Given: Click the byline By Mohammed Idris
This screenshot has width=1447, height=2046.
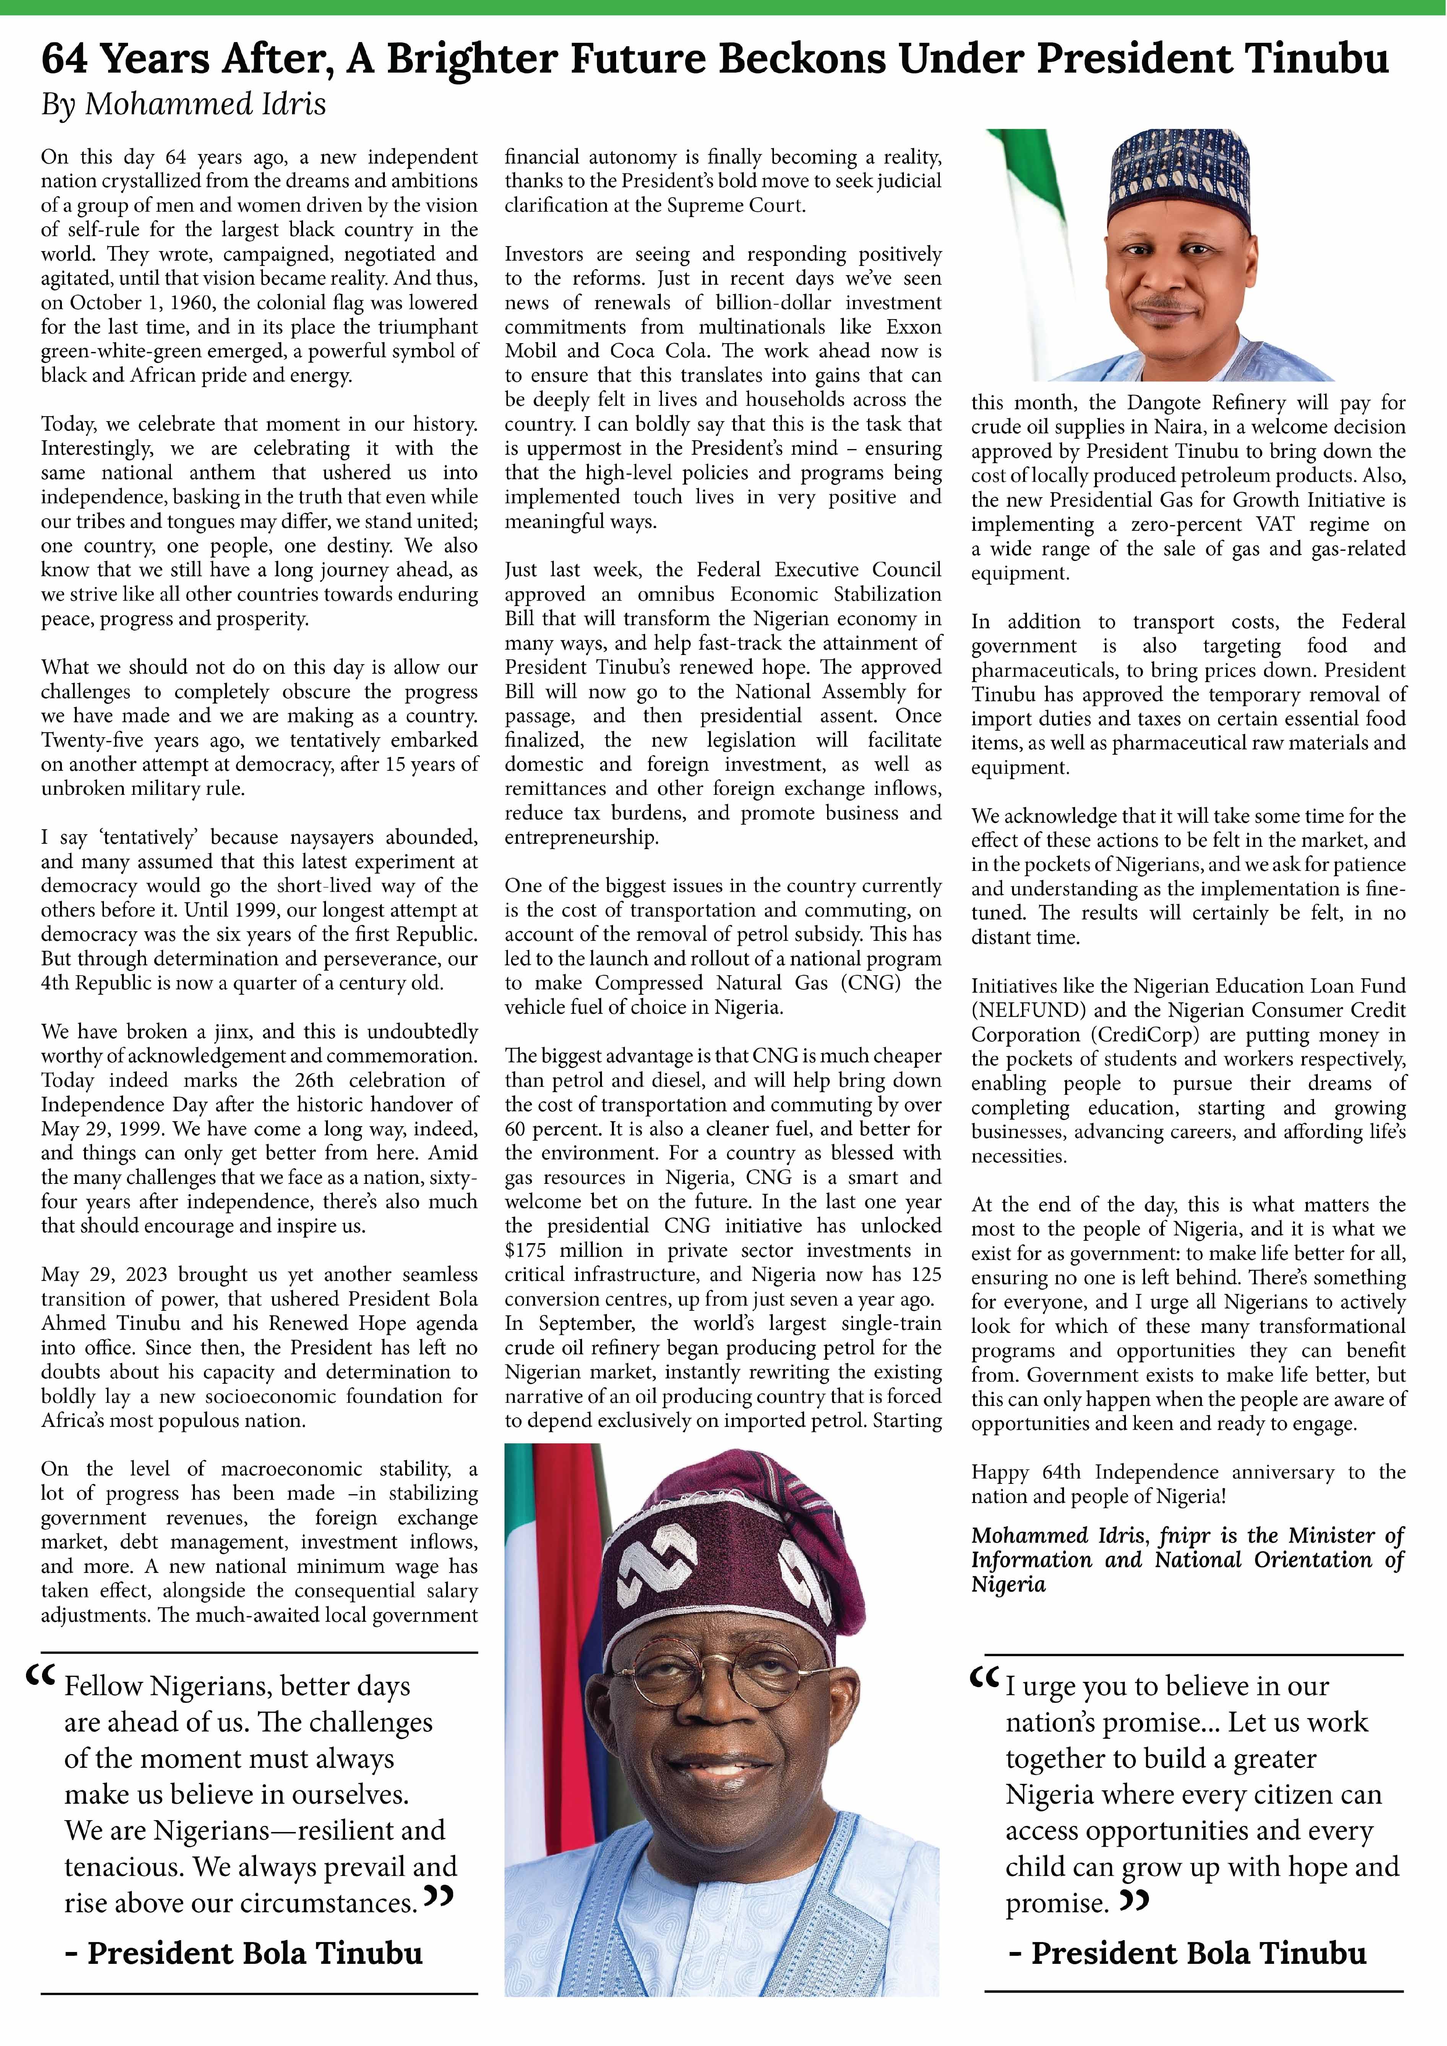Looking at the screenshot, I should point(183,105).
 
